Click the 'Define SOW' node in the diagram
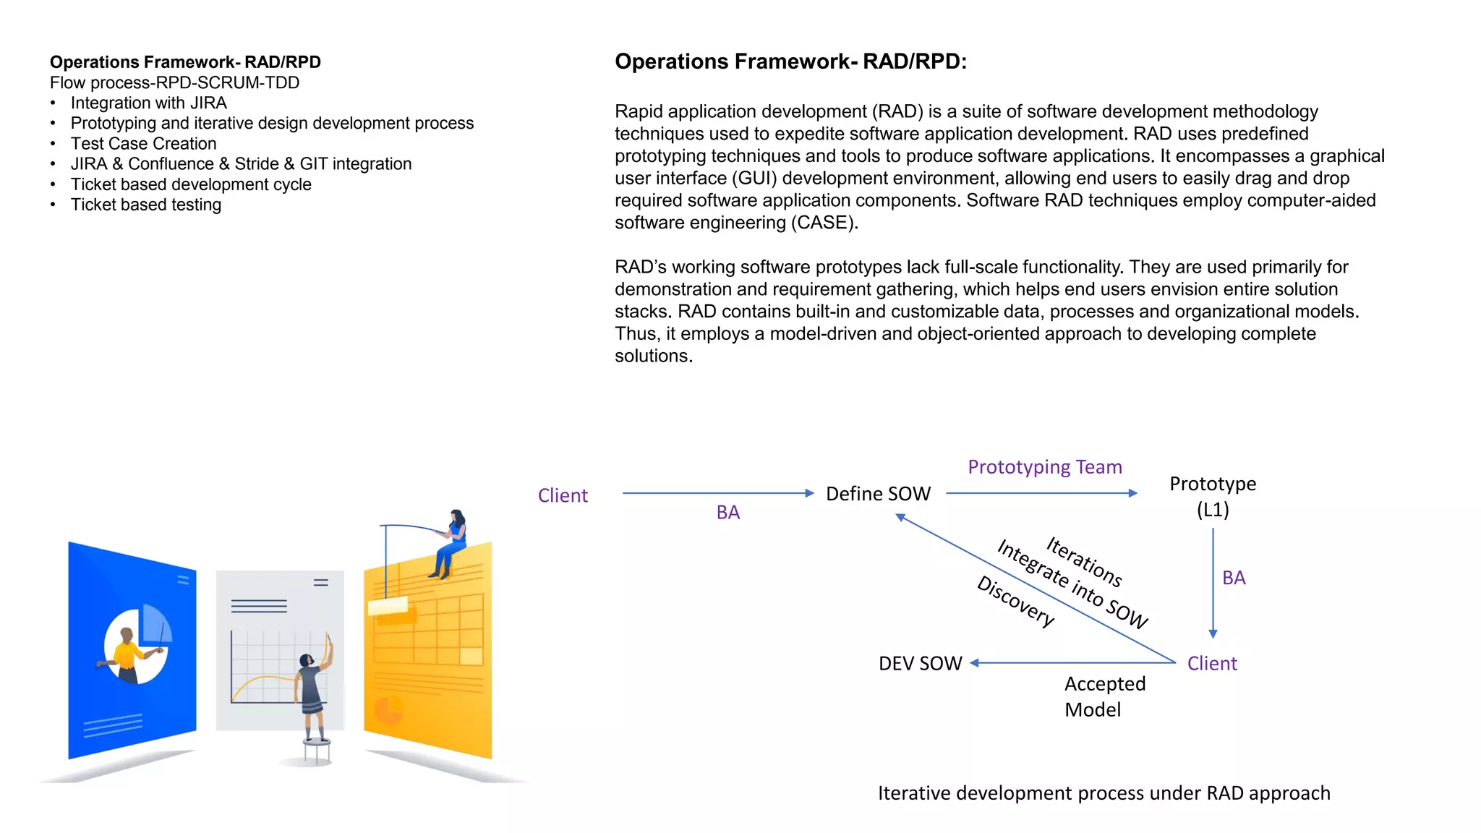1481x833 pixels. tap(878, 494)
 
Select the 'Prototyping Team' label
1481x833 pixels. tap(1045, 467)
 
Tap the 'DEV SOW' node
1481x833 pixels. tap(920, 664)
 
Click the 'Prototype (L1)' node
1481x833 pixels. tap(1213, 496)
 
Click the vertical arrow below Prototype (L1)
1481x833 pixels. tap(1213, 582)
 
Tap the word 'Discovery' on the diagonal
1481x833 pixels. tap(1015, 601)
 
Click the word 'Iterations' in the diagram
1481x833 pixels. tap(1084, 561)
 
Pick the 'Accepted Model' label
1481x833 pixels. tap(1104, 696)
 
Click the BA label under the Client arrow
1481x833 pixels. tap(727, 513)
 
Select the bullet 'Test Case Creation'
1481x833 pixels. tap(143, 144)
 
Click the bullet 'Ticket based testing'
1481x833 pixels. tap(145, 205)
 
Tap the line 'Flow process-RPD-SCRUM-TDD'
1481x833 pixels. tap(174, 82)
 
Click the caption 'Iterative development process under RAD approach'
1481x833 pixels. tap(1104, 793)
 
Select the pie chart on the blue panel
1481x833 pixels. tap(137, 642)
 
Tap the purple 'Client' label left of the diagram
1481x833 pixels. tap(563, 496)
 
